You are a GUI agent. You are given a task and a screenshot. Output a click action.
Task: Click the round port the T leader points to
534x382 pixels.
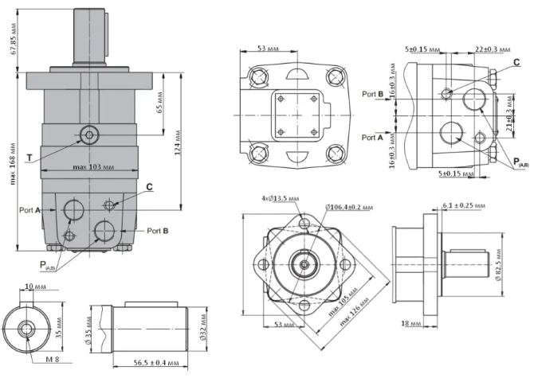88,134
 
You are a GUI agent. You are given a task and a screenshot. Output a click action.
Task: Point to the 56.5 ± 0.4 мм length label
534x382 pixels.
155,363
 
